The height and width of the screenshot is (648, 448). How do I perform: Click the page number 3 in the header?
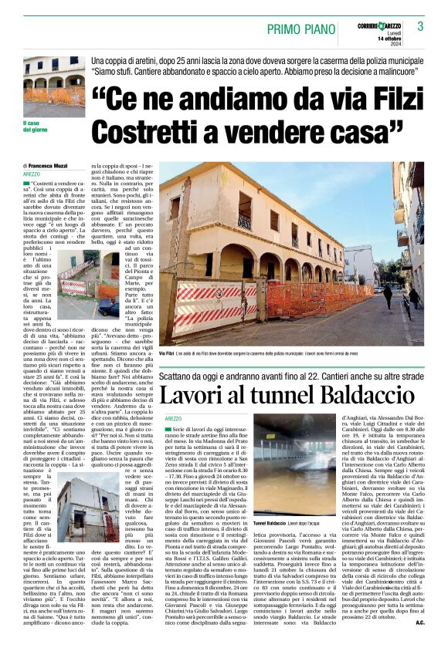(x=420, y=26)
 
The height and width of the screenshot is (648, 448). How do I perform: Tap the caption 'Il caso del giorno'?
(x=38, y=125)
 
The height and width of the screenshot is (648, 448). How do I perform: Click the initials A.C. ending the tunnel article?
(x=419, y=621)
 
